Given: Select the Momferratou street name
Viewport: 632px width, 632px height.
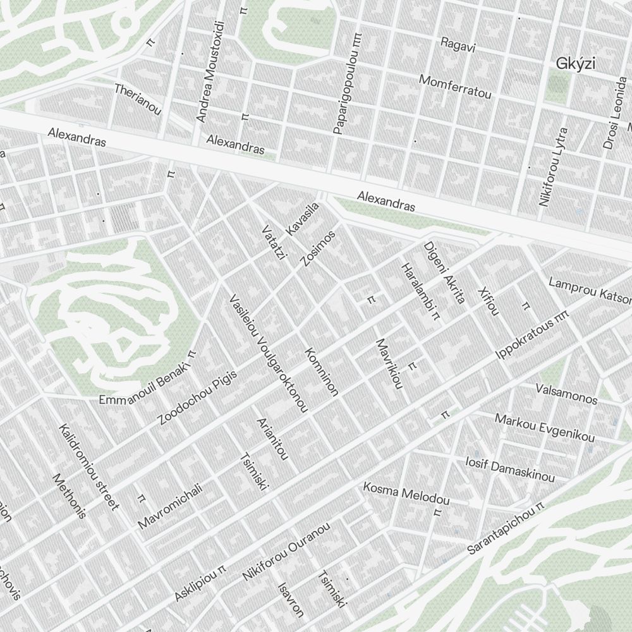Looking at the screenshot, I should pos(455,87).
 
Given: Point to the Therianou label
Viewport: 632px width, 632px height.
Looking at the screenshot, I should pos(138,99).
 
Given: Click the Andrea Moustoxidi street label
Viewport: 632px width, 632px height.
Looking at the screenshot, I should pos(210,71).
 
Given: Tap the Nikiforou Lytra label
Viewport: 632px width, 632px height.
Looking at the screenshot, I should pos(554,167).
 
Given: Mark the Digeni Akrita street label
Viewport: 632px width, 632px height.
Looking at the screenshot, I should pos(444,272).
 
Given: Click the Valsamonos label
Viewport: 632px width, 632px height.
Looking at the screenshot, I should pos(566,393).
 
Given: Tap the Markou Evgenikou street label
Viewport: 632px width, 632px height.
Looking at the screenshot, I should pos(544,428).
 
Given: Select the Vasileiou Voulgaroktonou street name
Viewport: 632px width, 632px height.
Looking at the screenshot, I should pos(268,353).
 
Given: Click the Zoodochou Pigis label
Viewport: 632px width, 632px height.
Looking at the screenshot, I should pos(197,398).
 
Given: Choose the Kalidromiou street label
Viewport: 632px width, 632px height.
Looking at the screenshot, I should pos(88,467).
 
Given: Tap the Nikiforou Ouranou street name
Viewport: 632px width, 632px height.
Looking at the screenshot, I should pos(286,552).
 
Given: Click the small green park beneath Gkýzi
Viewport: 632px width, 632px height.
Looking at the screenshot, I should pos(557,85).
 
